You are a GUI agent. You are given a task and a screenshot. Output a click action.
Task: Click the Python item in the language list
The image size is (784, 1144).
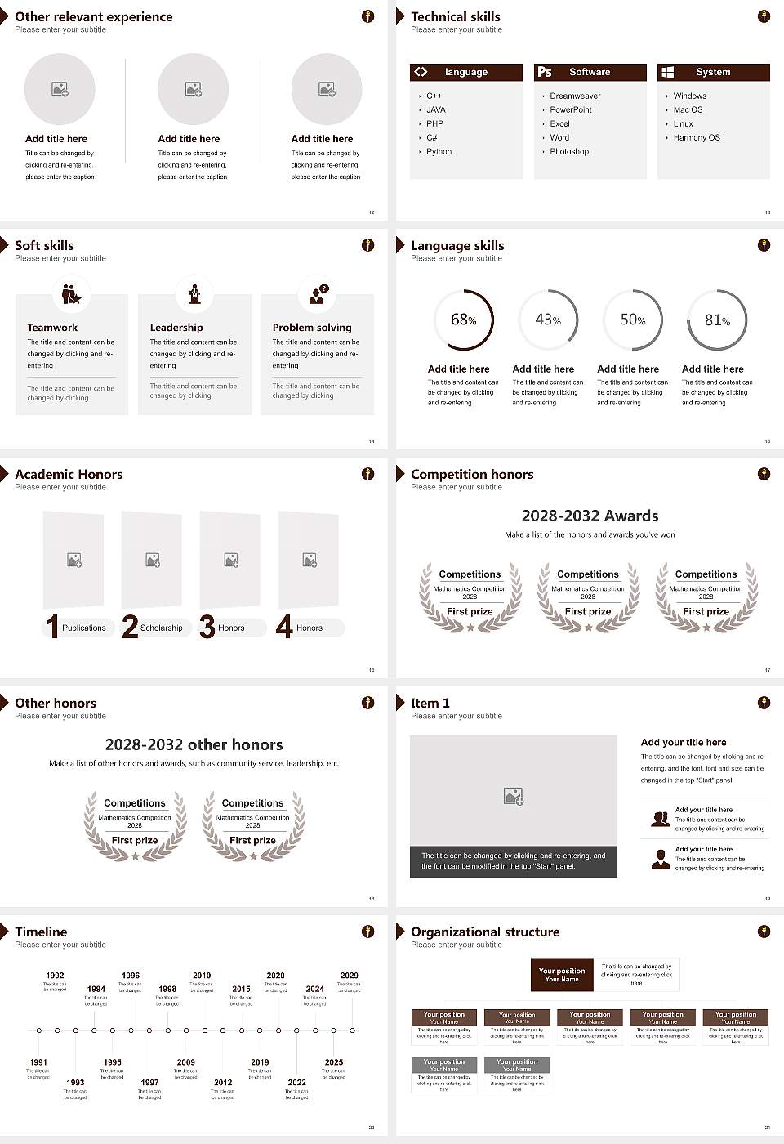(x=439, y=152)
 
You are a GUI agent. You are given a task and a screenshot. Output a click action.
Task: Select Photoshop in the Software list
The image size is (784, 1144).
(x=568, y=152)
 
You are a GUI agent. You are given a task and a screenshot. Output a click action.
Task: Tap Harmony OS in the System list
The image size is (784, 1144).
(x=696, y=138)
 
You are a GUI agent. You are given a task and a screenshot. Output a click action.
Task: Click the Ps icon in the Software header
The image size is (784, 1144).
(x=545, y=72)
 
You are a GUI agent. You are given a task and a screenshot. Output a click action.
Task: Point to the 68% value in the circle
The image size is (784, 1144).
(x=463, y=320)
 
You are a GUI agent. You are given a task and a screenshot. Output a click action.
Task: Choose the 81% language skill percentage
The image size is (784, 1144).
(x=717, y=320)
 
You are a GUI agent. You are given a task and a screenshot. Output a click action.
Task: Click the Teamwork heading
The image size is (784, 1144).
(x=52, y=328)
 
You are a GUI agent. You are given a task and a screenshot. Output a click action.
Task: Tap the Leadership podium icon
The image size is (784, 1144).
(x=194, y=294)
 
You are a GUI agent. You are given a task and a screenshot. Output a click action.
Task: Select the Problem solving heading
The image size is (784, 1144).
(x=312, y=328)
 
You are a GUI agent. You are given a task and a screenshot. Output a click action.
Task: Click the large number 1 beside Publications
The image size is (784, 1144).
(x=52, y=627)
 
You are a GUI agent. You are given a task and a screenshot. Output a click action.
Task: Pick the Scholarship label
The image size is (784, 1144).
(x=161, y=628)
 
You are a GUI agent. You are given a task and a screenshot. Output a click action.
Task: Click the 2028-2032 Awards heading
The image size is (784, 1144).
(x=590, y=516)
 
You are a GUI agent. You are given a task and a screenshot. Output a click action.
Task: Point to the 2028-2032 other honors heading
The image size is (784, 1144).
(x=194, y=744)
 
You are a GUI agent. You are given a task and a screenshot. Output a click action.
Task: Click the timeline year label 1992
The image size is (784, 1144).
(x=55, y=976)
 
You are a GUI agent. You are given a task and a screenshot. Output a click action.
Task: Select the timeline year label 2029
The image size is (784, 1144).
(x=349, y=976)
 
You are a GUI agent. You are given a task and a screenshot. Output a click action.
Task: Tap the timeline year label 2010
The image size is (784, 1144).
(x=202, y=976)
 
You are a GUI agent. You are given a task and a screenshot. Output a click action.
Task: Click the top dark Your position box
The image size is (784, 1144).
(x=562, y=975)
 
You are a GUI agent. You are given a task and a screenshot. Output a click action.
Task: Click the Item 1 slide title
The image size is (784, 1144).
(x=430, y=703)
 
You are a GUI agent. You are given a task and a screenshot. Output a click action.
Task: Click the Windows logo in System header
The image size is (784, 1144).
(x=667, y=72)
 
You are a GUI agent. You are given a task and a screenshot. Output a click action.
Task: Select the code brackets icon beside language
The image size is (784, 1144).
(x=421, y=72)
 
